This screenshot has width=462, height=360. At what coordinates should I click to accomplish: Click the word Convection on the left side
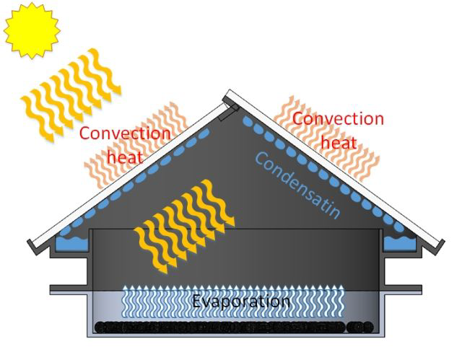pyautogui.click(x=125, y=133)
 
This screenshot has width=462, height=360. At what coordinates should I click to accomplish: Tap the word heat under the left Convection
pyautogui.click(x=124, y=154)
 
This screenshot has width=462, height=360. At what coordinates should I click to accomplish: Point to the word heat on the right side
pyautogui.click(x=339, y=141)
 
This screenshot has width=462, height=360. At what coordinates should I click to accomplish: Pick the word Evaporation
pyautogui.click(x=240, y=301)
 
